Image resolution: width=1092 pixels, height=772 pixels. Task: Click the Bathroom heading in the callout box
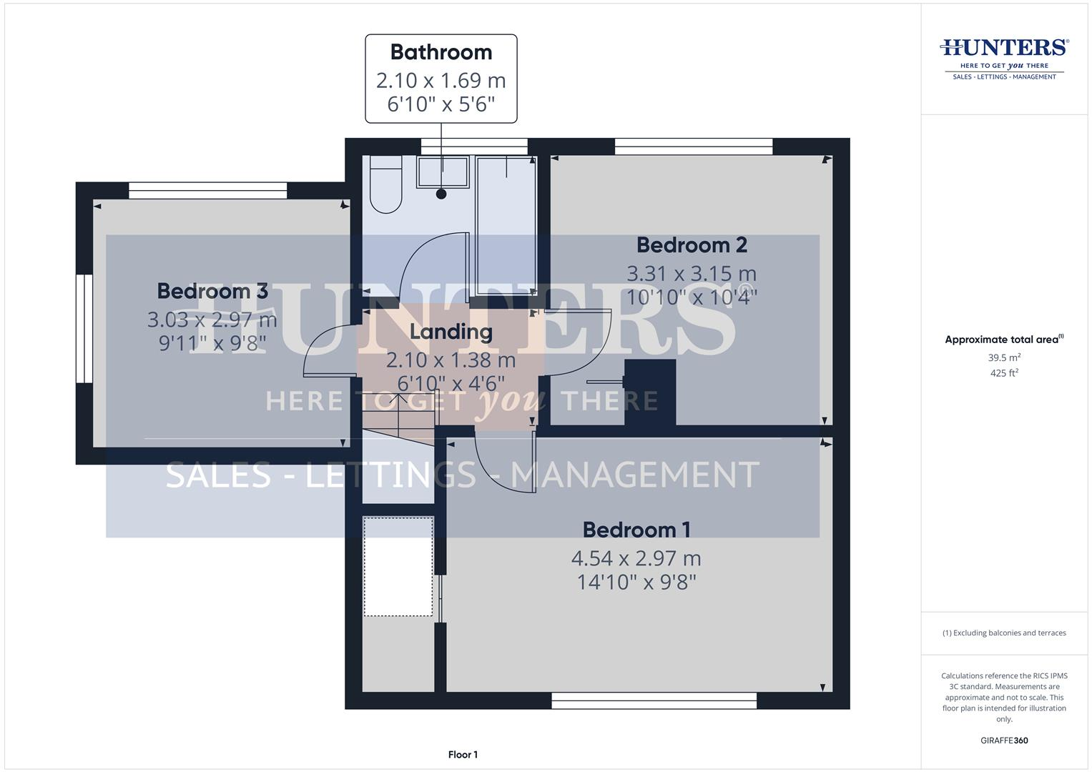tap(441, 52)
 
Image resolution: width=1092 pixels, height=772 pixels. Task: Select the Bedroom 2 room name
tap(692, 245)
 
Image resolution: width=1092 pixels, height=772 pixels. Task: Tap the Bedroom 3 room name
tap(212, 291)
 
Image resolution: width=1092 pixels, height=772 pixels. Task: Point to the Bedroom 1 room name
tap(636, 530)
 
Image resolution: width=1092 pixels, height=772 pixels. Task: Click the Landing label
tap(451, 332)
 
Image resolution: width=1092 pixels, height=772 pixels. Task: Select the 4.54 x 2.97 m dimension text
tap(636, 558)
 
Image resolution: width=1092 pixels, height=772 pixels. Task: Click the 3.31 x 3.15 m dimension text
tap(692, 273)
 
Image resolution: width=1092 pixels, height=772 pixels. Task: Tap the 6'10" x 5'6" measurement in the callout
tap(441, 104)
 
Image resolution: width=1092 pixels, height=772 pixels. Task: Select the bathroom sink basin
tap(443, 172)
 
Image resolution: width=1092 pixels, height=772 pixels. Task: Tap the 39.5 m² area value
tap(1004, 357)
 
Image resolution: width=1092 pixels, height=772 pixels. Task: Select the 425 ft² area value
tap(1004, 373)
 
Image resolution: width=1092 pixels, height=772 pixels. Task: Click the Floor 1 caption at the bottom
tap(463, 755)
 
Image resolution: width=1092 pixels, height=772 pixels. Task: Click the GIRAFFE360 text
tap(1004, 741)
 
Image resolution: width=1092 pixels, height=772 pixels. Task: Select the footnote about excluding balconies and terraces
tap(1004, 633)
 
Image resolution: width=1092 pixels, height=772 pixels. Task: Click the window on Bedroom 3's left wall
tap(84, 330)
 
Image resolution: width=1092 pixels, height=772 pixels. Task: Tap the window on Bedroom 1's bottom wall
tap(654, 701)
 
